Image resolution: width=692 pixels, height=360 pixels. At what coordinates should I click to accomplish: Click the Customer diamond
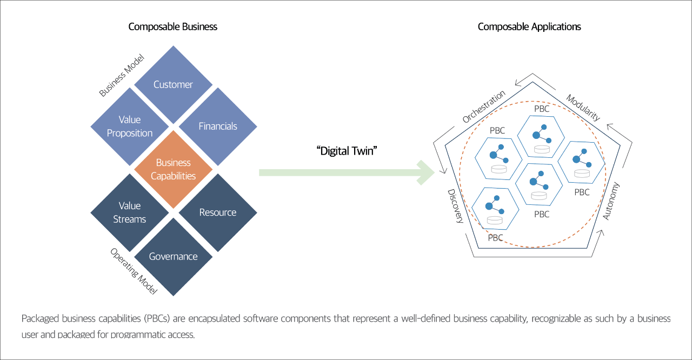point(173,85)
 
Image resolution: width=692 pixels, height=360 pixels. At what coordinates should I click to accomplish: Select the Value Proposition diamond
point(129,126)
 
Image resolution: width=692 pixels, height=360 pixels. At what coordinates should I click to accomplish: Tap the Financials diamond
point(218,126)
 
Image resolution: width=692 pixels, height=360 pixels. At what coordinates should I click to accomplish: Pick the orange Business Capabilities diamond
point(173,169)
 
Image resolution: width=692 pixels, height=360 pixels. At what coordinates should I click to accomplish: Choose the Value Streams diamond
point(129,212)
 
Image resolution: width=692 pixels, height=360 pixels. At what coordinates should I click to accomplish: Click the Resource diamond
point(218,212)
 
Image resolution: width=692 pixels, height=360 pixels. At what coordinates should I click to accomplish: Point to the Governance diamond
point(173,257)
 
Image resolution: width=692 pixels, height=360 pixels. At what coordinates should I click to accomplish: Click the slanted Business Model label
point(122,75)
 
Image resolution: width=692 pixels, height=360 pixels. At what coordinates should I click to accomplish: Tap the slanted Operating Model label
point(134,271)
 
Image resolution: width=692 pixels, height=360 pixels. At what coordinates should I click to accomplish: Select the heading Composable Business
point(172,27)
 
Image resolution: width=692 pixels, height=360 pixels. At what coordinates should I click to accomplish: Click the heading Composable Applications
point(529,27)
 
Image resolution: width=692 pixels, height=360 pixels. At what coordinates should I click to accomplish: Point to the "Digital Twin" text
point(347,151)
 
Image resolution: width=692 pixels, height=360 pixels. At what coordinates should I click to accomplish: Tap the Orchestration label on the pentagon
point(484,106)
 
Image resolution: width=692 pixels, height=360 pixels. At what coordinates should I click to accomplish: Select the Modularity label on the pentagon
point(583,108)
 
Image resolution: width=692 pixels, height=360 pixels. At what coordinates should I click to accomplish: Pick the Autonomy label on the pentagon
point(611,201)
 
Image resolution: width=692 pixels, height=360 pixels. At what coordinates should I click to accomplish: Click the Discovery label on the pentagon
point(456,206)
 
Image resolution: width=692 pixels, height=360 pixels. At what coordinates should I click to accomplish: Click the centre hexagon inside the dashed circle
point(539,184)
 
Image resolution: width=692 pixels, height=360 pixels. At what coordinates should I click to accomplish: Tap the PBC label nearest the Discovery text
point(496,238)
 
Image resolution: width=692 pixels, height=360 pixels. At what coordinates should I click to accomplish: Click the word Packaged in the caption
point(40,318)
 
